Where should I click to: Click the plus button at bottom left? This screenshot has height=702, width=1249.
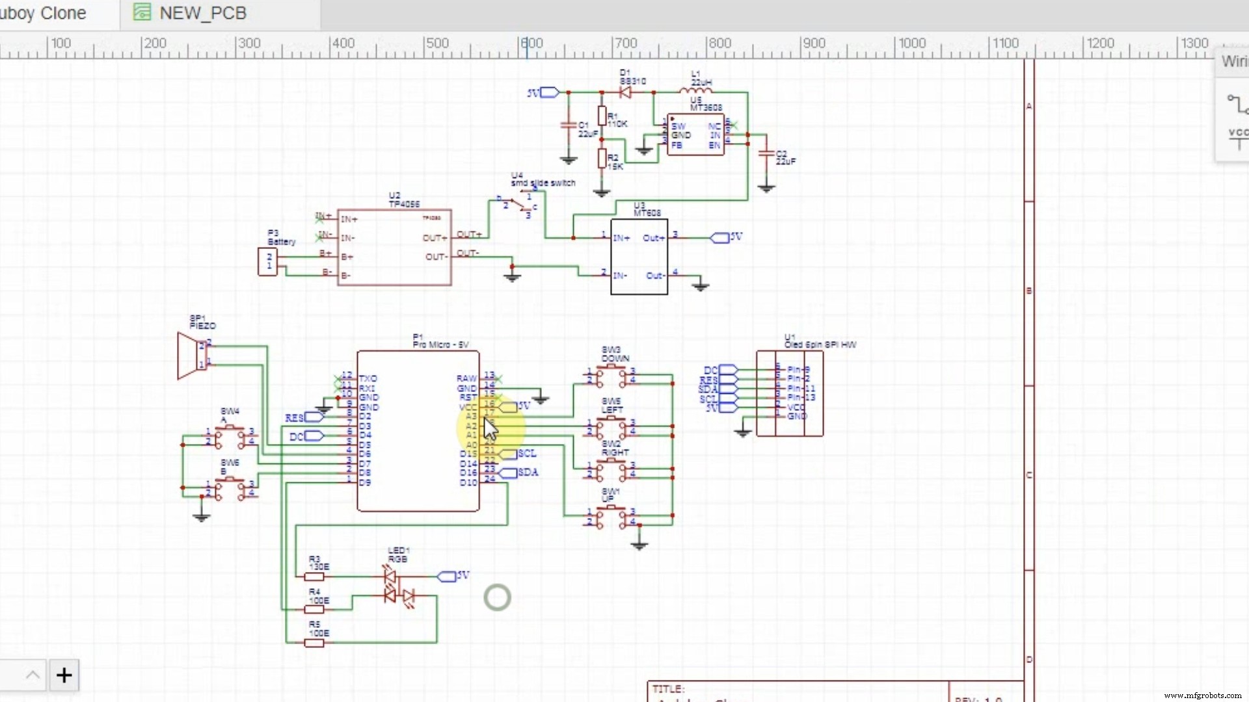pyautogui.click(x=64, y=675)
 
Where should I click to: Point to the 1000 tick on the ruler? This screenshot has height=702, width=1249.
pyautogui.click(x=911, y=44)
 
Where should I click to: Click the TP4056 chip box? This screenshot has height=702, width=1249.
pyautogui.click(x=394, y=248)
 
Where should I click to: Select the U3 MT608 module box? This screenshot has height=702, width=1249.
pyautogui.click(x=639, y=257)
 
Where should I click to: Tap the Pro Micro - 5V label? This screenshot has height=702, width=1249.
pyautogui.click(x=440, y=344)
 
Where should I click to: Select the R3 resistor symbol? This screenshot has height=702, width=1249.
pyautogui.click(x=314, y=577)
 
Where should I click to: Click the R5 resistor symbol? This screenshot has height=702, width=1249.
pyautogui.click(x=314, y=643)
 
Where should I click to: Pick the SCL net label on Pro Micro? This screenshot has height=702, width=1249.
pyautogui.click(x=526, y=454)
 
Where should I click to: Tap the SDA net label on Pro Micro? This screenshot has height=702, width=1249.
pyautogui.click(x=527, y=473)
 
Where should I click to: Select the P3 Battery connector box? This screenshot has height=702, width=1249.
pyautogui.click(x=267, y=262)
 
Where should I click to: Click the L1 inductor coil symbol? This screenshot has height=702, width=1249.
pyautogui.click(x=695, y=91)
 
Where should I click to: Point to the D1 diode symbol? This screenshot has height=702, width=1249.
pyautogui.click(x=625, y=92)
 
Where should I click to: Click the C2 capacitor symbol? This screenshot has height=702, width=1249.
pyautogui.click(x=766, y=154)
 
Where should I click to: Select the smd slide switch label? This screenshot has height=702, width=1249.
pyautogui.click(x=543, y=183)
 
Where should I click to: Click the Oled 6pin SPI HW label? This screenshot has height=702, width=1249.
pyautogui.click(x=820, y=344)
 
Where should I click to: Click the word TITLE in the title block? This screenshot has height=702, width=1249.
pyautogui.click(x=668, y=689)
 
